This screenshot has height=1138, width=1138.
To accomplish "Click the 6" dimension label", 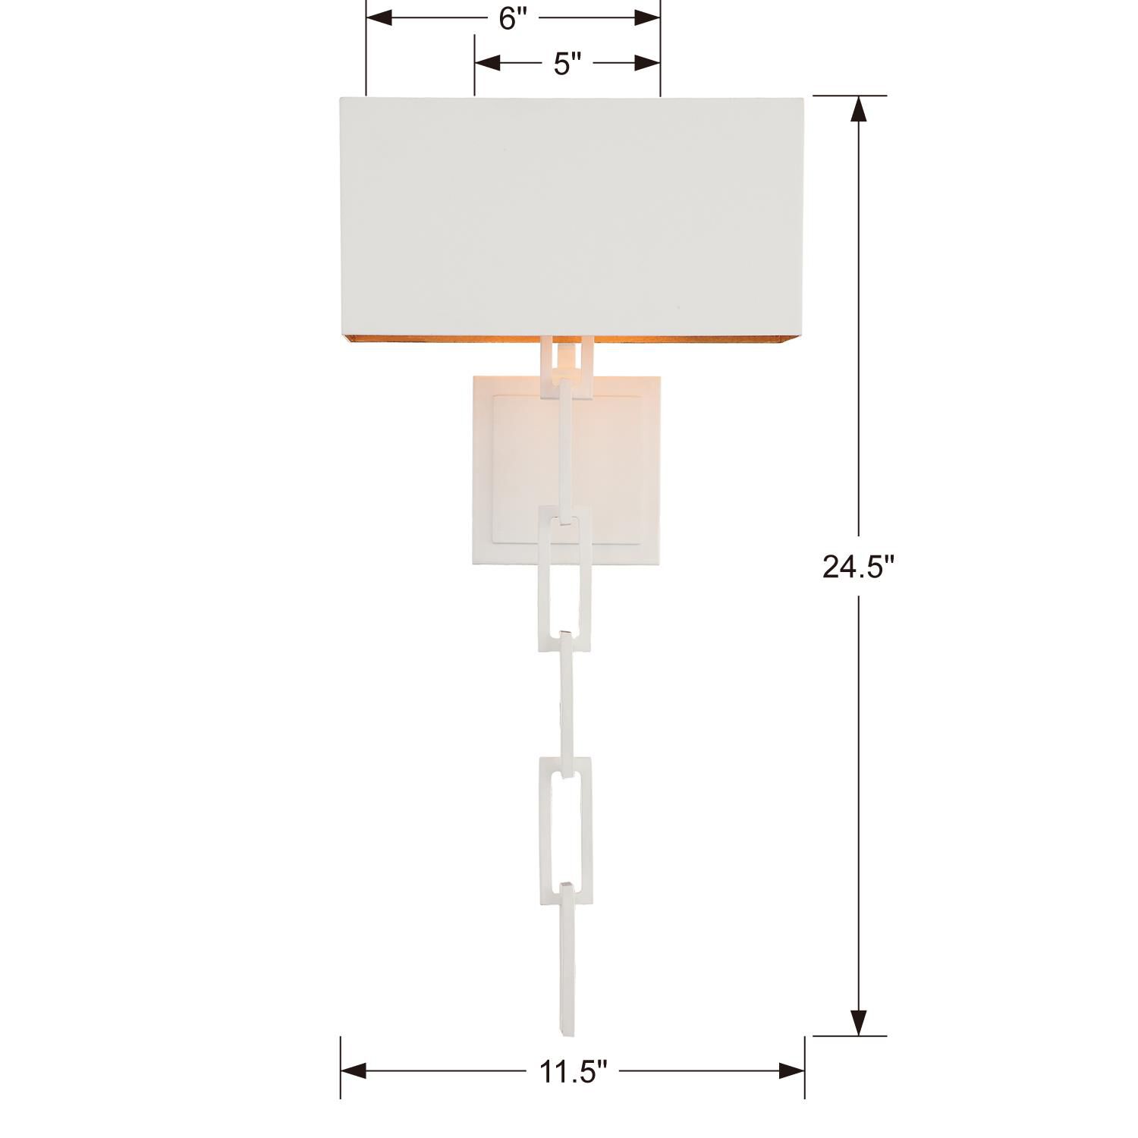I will click(513, 19).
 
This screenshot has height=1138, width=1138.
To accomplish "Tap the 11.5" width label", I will click(573, 1071).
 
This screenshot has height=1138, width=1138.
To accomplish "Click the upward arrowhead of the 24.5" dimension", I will click(859, 110).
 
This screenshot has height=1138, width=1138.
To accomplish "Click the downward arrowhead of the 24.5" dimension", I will click(859, 1021).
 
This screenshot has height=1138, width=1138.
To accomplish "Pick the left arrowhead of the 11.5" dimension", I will click(354, 1071).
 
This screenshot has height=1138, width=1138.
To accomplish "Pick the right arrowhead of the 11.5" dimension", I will click(792, 1071).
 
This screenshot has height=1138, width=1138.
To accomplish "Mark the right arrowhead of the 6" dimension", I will click(648, 17).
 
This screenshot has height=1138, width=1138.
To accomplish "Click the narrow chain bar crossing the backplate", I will click(564, 448).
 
